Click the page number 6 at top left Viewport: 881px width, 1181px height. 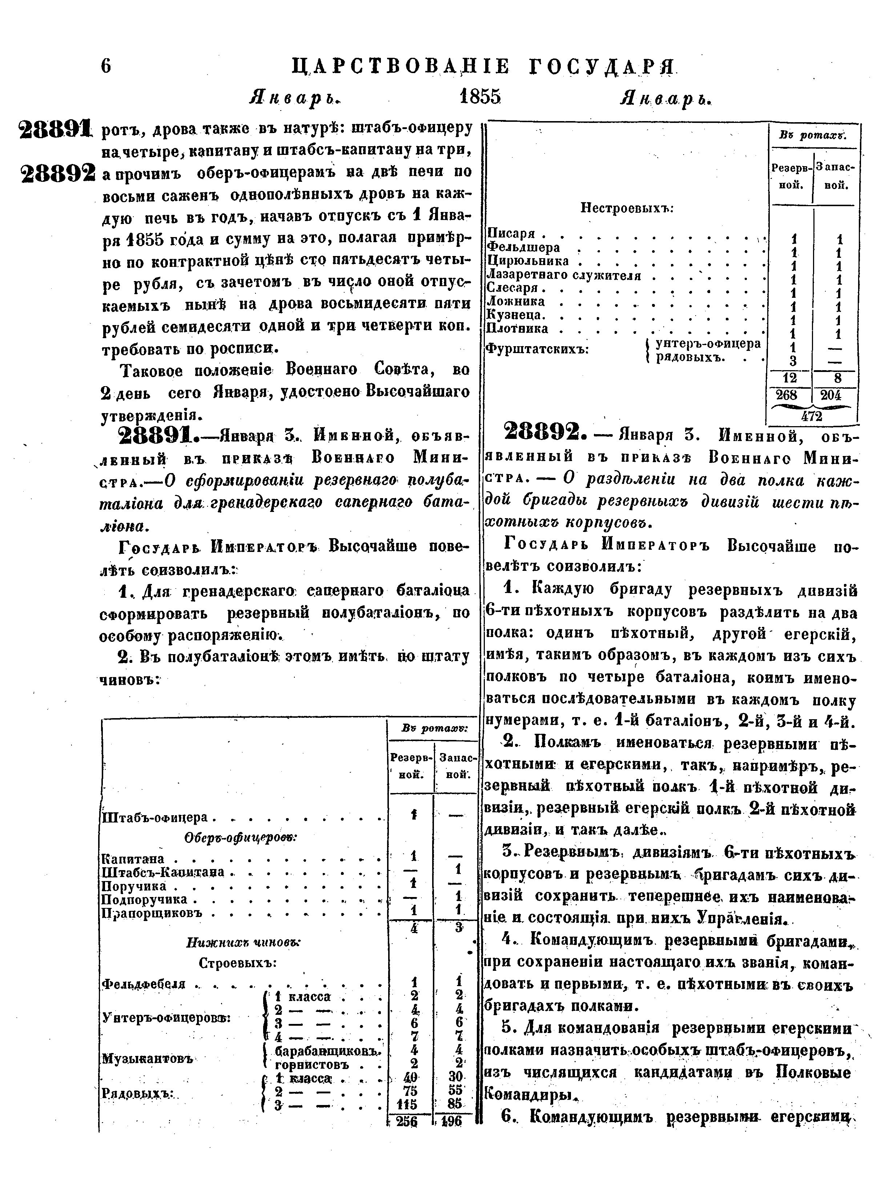[x=106, y=66]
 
